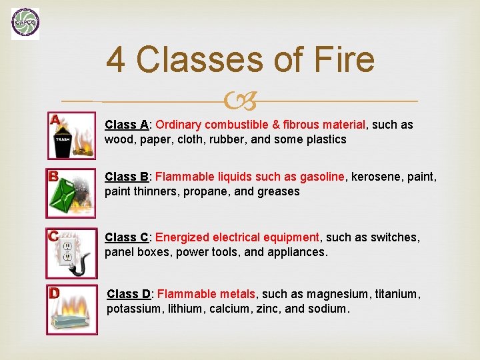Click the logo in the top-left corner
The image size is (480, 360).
pos(25,23)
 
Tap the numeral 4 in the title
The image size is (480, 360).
pos(116,59)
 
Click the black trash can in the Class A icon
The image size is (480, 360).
pos(63,143)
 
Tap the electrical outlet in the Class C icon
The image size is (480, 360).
pos(67,251)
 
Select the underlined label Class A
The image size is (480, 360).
pos(127,125)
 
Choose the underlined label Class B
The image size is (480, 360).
pos(127,177)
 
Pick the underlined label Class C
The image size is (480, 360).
pos(127,237)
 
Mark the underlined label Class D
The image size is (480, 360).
pos(129,294)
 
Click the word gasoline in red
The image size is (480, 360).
pos(322,177)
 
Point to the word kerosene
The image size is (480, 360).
pos(376,177)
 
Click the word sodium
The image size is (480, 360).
pos(330,309)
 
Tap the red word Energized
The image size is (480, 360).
pos(182,237)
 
